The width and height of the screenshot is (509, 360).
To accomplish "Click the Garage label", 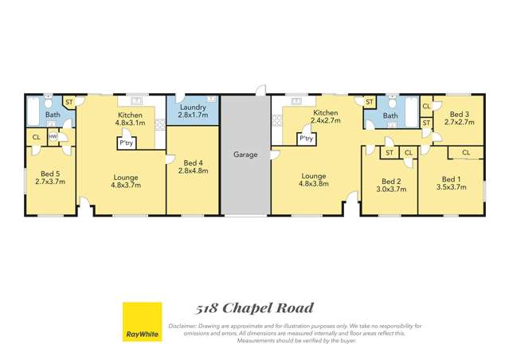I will point(245,155).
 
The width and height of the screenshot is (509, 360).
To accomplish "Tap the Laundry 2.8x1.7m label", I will point(194,112).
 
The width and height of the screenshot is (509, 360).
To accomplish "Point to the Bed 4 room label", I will point(193,166).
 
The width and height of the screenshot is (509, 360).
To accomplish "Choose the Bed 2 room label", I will point(389,185).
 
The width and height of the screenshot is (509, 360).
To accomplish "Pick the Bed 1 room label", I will point(451,184).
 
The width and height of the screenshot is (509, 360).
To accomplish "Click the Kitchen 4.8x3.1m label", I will point(130,119).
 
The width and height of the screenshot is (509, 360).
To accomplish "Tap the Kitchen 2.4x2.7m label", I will point(326,117).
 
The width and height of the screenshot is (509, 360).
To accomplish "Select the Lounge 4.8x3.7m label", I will point(127,181).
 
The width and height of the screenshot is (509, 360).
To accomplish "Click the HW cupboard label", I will point(53,137).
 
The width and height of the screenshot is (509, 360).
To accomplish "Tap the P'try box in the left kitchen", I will point(127,143).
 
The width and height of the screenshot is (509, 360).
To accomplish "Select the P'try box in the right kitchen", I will point(306,139).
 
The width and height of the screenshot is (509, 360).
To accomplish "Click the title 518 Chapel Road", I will point(255,307).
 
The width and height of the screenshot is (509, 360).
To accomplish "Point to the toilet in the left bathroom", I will point(48,104).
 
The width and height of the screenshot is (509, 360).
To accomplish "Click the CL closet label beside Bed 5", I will point(36,137).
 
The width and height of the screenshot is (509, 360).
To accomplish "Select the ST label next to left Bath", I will point(69,102).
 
